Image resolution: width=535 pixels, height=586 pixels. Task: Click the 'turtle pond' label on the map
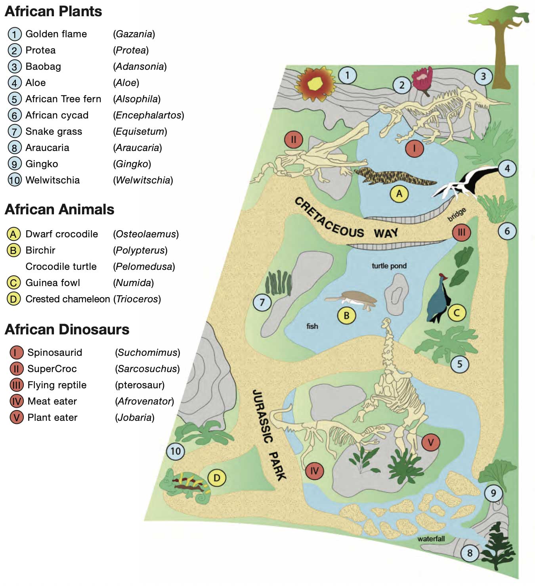[x=389, y=266]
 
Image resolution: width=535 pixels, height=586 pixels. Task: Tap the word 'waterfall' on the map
[x=431, y=539]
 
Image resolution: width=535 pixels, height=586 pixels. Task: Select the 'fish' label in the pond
[x=312, y=326]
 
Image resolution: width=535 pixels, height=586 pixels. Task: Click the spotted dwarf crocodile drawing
[x=395, y=178]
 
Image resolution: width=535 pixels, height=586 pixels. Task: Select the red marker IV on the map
[x=315, y=471]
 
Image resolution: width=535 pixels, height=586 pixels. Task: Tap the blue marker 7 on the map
[x=262, y=302]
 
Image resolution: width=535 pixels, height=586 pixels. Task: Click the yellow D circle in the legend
[x=13, y=299]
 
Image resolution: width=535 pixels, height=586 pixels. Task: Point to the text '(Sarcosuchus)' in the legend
[x=147, y=369]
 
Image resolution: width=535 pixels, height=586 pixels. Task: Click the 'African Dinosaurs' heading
[x=67, y=330]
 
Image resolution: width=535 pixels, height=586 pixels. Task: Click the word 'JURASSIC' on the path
[x=263, y=416]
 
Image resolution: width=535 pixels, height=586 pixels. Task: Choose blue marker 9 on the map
[x=493, y=493]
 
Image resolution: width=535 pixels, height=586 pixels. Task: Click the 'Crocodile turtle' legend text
[x=61, y=267]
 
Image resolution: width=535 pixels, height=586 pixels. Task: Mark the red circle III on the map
[x=462, y=232]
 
